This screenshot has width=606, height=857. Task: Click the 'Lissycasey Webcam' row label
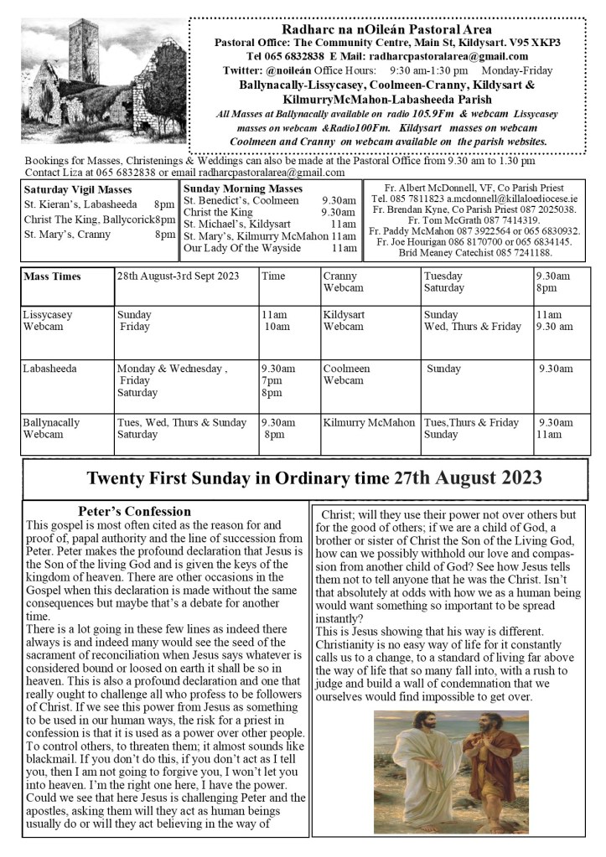pyautogui.click(x=48, y=320)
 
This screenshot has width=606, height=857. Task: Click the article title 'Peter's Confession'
pyautogui.click(x=134, y=511)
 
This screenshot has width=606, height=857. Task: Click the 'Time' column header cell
pyautogui.click(x=273, y=276)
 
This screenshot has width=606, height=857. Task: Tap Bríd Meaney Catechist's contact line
pyautogui.click(x=474, y=252)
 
